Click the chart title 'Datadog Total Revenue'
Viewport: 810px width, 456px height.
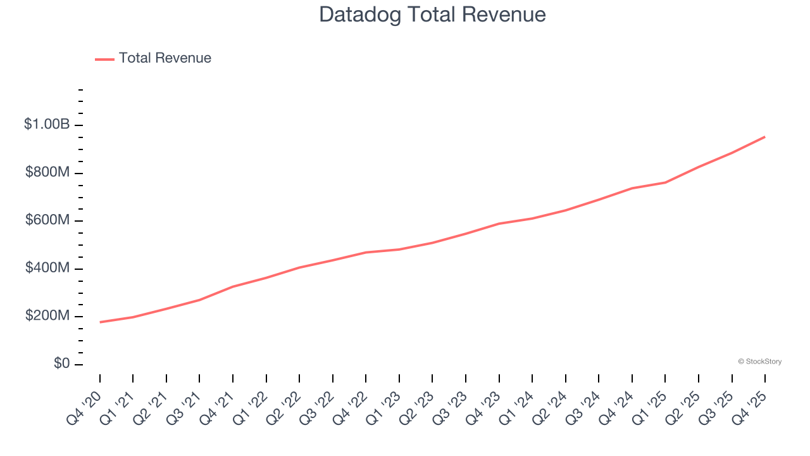click(x=432, y=15)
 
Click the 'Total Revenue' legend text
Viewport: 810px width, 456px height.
click(x=165, y=58)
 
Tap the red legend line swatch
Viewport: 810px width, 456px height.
click(x=104, y=59)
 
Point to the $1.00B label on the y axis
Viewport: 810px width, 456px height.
click(x=47, y=125)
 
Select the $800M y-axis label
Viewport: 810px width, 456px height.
click(x=47, y=173)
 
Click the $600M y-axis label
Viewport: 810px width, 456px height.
click(x=47, y=220)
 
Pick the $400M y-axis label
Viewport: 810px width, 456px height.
click(x=47, y=269)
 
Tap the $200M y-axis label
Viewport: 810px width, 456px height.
click(x=47, y=316)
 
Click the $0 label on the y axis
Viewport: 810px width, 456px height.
click(x=62, y=364)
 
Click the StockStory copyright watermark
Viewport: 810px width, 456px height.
click(x=759, y=362)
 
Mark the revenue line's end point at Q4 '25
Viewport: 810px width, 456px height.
click(x=765, y=137)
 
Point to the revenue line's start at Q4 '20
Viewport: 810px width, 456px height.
click(x=100, y=322)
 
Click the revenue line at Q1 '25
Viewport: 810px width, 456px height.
click(x=665, y=182)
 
